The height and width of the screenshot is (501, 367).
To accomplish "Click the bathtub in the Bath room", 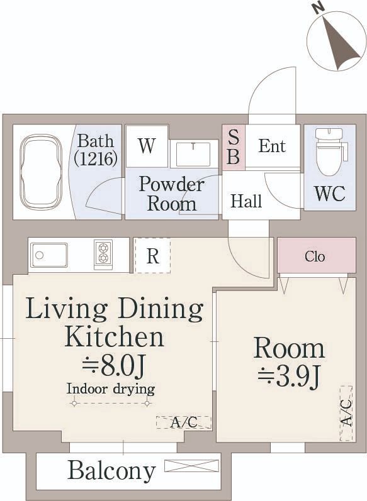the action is click(x=41, y=172).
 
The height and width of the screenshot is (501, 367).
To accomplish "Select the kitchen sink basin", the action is click(x=49, y=255).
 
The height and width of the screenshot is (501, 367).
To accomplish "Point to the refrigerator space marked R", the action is click(x=152, y=255).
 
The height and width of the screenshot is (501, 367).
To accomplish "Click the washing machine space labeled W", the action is click(x=147, y=146).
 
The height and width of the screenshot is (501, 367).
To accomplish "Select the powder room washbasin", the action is click(x=193, y=155).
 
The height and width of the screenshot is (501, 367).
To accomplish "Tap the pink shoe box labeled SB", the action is click(x=234, y=147).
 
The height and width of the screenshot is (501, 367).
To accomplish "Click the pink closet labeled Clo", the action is click(x=317, y=255).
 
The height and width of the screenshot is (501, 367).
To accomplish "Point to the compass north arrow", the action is click(x=339, y=43).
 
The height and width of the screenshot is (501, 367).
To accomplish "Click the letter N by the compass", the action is click(x=319, y=9).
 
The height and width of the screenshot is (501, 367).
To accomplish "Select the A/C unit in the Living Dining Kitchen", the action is click(x=184, y=422).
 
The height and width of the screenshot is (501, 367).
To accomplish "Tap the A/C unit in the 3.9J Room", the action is click(x=346, y=414).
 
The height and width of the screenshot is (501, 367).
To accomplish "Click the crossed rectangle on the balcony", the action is click(x=191, y=466).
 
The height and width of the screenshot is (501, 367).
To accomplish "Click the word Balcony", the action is click(x=112, y=470).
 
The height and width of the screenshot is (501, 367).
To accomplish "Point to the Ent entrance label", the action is click(x=272, y=146).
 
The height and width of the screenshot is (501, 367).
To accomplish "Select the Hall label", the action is click(x=246, y=201).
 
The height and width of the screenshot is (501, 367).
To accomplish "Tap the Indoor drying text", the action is click(x=111, y=390).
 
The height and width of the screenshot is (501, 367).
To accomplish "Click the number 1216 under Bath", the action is click(x=95, y=158).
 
